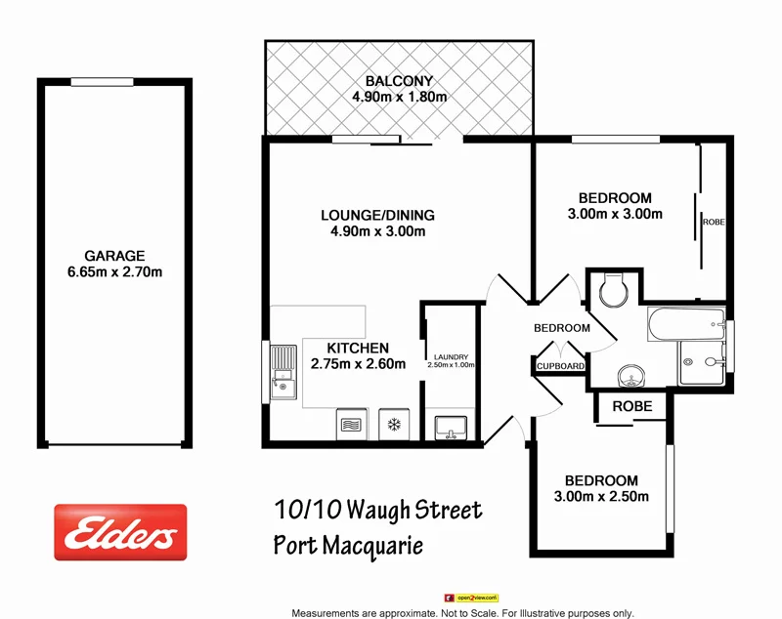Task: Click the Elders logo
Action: (x=120, y=532)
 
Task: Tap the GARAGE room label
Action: (x=113, y=256)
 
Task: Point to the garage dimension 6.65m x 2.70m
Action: (x=113, y=271)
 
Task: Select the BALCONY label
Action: (x=399, y=81)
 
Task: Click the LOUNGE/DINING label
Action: (x=377, y=215)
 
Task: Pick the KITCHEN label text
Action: (x=358, y=348)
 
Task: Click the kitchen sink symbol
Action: (x=284, y=372)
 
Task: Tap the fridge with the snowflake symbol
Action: (x=395, y=424)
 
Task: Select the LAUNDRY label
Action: (x=451, y=356)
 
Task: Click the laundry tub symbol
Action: (x=451, y=426)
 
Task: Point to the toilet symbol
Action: (x=613, y=289)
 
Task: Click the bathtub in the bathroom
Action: (x=685, y=325)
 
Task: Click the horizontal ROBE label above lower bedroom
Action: (x=631, y=405)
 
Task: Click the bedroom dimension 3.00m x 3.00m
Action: (x=615, y=214)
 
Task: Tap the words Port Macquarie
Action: (x=348, y=545)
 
